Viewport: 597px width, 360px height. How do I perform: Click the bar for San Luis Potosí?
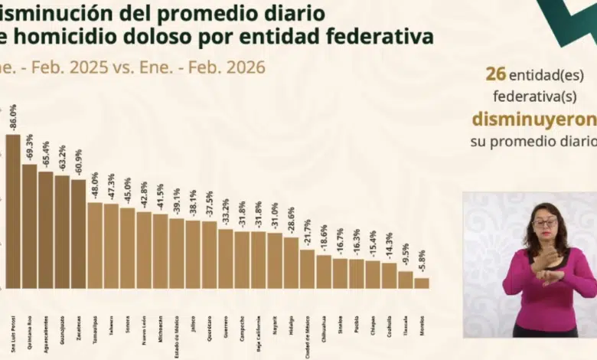(13, 211)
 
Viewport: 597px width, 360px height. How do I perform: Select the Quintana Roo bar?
(29, 226)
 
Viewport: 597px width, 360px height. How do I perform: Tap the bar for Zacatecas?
(78, 234)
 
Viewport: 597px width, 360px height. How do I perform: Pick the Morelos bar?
(421, 283)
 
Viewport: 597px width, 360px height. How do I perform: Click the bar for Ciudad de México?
(307, 268)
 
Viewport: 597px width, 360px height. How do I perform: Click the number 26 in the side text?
(494, 74)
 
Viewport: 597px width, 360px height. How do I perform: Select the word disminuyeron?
(533, 119)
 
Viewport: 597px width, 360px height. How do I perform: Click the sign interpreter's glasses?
(545, 223)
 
